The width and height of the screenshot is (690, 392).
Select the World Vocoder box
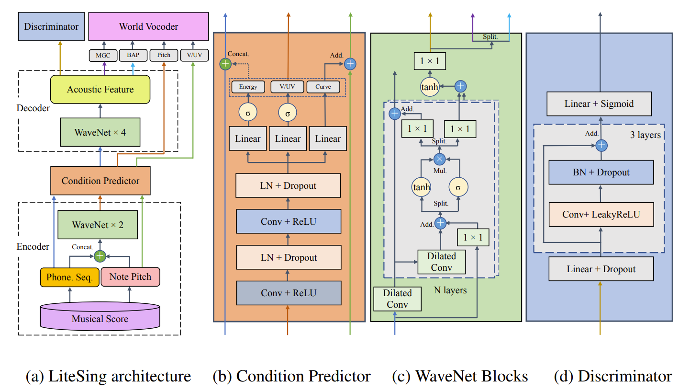[148, 27]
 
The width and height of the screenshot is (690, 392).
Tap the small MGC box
[102, 56]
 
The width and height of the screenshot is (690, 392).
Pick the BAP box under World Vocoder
[133, 56]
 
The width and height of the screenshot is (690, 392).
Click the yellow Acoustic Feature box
[100, 90]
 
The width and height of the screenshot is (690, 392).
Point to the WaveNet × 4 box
[100, 133]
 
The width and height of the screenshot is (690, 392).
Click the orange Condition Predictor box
[100, 181]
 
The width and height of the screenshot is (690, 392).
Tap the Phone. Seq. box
[69, 277]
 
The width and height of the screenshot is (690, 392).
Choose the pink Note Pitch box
[130, 277]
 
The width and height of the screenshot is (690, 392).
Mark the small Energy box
[248, 87]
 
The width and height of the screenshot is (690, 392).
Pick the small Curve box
[323, 87]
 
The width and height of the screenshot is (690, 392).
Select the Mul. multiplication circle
[439, 158]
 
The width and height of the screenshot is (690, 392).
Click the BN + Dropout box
[601, 173]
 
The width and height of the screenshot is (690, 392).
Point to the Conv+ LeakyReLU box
[601, 214]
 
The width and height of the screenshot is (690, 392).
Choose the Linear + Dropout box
[601, 269]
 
